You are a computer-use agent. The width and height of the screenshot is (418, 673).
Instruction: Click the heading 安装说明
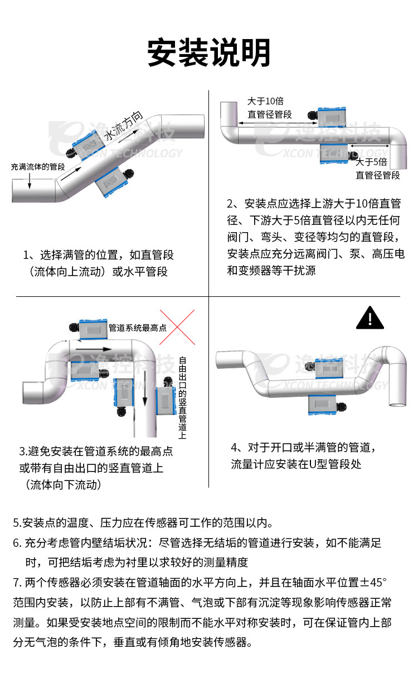(209, 53)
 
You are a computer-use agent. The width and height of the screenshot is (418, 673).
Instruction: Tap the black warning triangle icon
(370, 318)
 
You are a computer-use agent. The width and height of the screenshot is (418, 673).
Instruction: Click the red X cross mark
(178, 329)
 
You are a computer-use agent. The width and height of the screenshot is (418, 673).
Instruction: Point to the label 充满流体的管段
(38, 167)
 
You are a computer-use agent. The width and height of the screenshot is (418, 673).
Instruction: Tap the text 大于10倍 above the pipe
(266, 101)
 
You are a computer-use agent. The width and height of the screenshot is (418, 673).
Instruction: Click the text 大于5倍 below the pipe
(372, 162)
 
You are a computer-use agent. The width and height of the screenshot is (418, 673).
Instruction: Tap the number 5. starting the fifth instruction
(17, 523)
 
